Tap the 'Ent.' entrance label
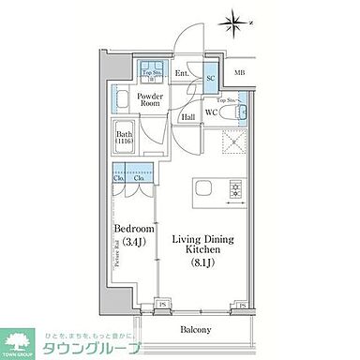(183, 74)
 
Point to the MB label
(240, 74)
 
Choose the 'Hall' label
(187, 118)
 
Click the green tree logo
(16, 343)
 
